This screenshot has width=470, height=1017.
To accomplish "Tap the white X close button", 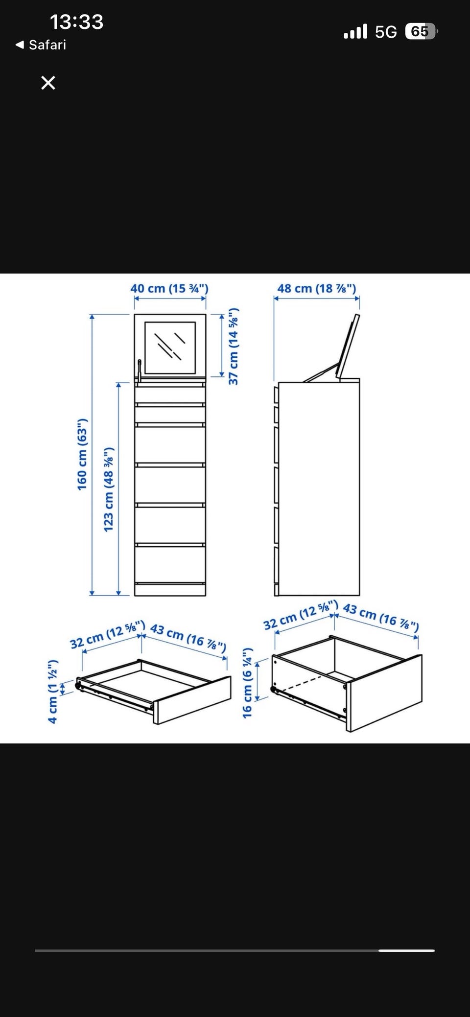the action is [48, 83].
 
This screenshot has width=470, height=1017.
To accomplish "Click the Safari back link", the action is [41, 45].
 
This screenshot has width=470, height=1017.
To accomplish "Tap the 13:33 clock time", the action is [77, 22].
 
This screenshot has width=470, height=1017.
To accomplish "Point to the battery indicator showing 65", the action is [421, 32].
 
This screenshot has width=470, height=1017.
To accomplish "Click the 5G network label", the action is [386, 32].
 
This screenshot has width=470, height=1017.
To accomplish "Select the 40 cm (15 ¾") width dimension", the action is [169, 288].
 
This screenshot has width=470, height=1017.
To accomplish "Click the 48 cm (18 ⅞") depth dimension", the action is [317, 288].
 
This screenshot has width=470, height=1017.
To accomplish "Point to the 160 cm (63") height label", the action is [82, 454].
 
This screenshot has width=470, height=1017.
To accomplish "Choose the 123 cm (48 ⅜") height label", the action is [108, 489].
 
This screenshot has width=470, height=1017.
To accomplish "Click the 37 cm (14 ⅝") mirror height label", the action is [234, 346].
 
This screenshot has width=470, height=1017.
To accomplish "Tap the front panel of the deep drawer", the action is [385, 693].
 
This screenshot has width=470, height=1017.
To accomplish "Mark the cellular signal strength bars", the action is [355, 32].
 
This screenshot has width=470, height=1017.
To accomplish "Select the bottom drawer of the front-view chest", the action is [170, 564].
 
